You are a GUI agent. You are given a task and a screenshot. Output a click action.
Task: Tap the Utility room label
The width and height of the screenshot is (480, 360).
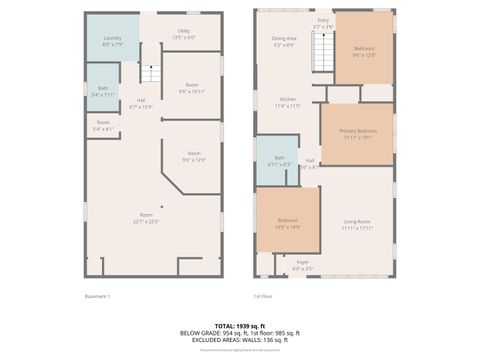click(185, 34)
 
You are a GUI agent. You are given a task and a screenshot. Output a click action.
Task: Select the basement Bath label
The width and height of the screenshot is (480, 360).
click(103, 93)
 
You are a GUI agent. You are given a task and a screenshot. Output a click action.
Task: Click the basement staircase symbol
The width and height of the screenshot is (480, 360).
click(149, 74)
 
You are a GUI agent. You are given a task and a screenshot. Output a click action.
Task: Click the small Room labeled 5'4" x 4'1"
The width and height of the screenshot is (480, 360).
click(103, 128)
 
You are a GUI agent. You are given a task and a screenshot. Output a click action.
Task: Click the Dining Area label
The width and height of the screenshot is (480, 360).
click(284, 42)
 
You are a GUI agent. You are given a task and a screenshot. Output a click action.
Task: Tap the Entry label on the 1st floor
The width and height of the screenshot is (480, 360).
click(323, 23)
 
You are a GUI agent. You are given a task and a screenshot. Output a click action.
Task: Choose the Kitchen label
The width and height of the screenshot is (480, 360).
click(288, 102)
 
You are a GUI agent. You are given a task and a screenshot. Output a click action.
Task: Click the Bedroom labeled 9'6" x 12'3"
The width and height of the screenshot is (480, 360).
click(364, 51)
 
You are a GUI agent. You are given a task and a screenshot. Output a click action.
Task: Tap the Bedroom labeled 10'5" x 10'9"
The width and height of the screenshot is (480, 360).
click(288, 223)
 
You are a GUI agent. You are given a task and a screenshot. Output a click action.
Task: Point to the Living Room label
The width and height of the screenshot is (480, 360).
click(357, 224)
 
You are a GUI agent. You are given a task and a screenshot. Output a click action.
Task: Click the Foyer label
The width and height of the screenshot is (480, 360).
click(302, 266)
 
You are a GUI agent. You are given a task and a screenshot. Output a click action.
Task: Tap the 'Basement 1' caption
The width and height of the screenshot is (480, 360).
click(97, 296)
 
